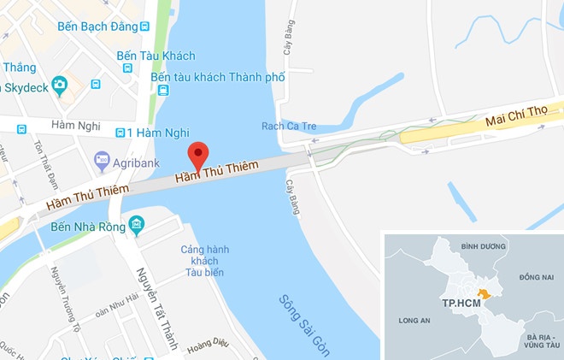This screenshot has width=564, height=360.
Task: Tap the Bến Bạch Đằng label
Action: (97, 27)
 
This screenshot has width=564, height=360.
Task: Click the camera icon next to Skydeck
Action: (59, 84)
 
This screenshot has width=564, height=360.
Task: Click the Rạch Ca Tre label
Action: (289, 127)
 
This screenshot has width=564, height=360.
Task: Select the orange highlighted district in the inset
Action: (485, 294)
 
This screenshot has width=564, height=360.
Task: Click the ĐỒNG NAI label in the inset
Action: (536, 278)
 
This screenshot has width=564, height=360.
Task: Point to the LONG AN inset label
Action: (415, 322)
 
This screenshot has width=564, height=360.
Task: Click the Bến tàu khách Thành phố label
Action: (217, 77)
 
